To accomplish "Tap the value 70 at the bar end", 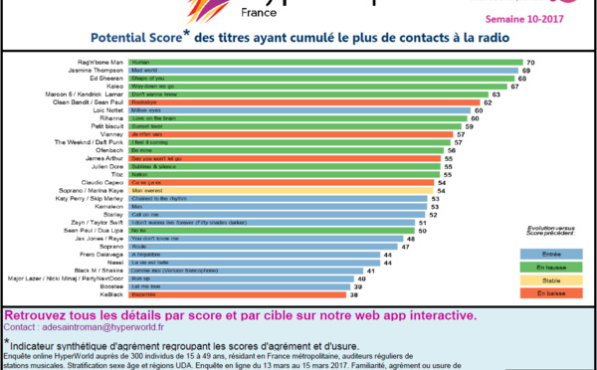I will tap(531, 62).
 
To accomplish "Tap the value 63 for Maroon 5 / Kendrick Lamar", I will tap(495, 96).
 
